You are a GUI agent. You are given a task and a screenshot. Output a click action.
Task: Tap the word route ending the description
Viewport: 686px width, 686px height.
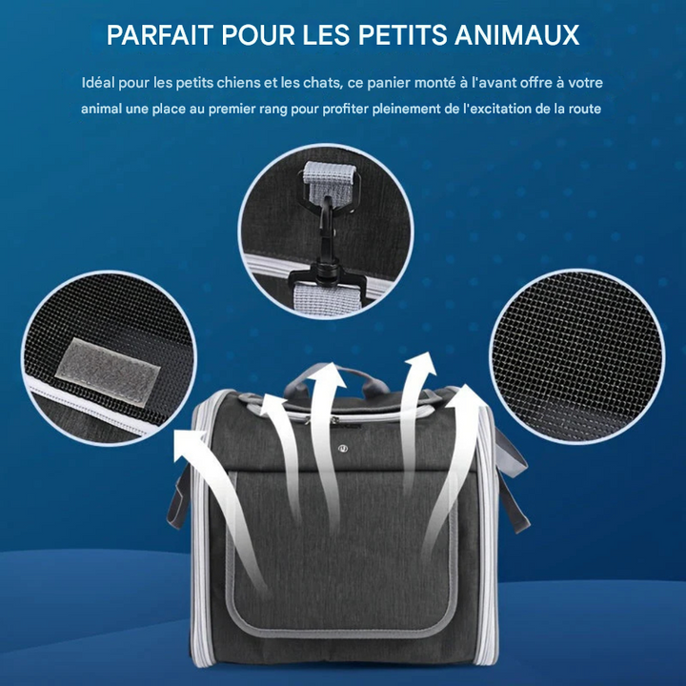(x=581, y=109)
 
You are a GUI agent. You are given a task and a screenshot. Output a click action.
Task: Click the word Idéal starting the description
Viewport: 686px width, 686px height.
(x=99, y=83)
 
